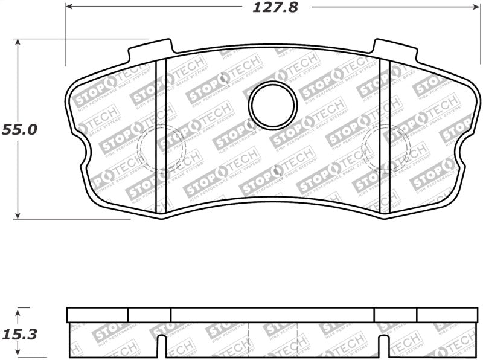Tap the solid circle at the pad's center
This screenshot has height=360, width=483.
coord(273,105)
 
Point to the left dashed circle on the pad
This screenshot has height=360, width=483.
coord(162,148)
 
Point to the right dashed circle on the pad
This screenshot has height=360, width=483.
coord(385,148)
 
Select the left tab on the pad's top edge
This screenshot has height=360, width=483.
coord(151,50)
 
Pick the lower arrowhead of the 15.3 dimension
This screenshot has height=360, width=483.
coord(19,355)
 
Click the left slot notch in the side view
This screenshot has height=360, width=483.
coord(161,347)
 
